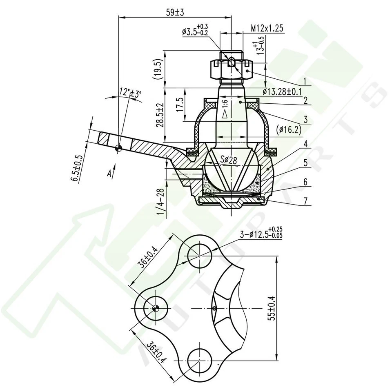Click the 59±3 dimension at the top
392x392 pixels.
pos(175,13)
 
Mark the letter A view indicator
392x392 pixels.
pos(109,174)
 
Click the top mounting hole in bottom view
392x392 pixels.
pos(200,255)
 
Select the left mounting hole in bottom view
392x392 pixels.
pos(155,308)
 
